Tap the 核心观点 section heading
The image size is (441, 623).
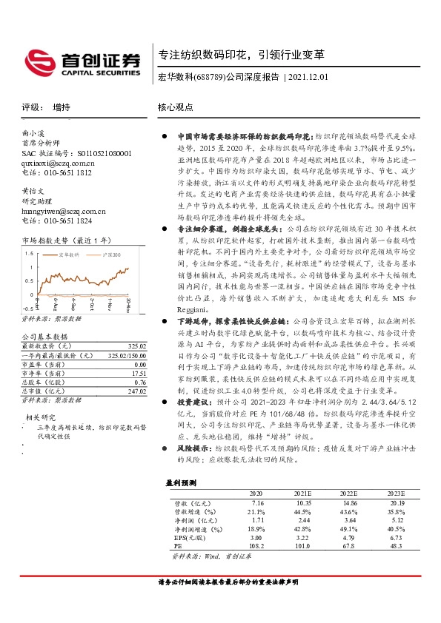click(175, 107)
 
